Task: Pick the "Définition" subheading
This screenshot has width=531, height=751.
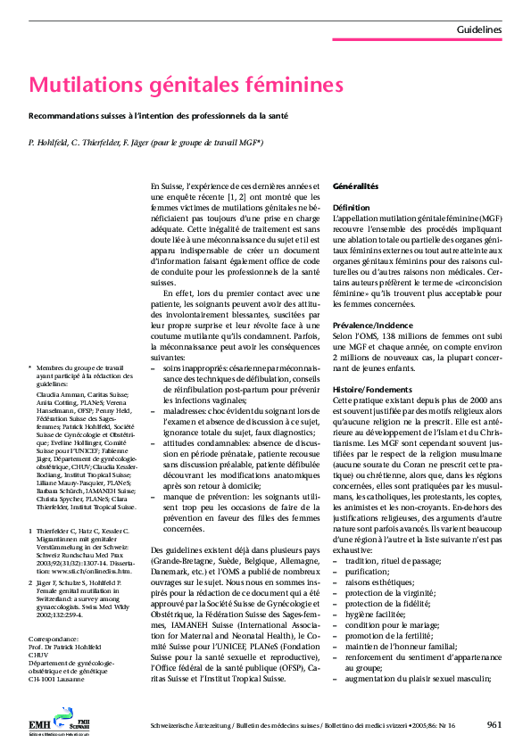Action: (351, 207)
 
